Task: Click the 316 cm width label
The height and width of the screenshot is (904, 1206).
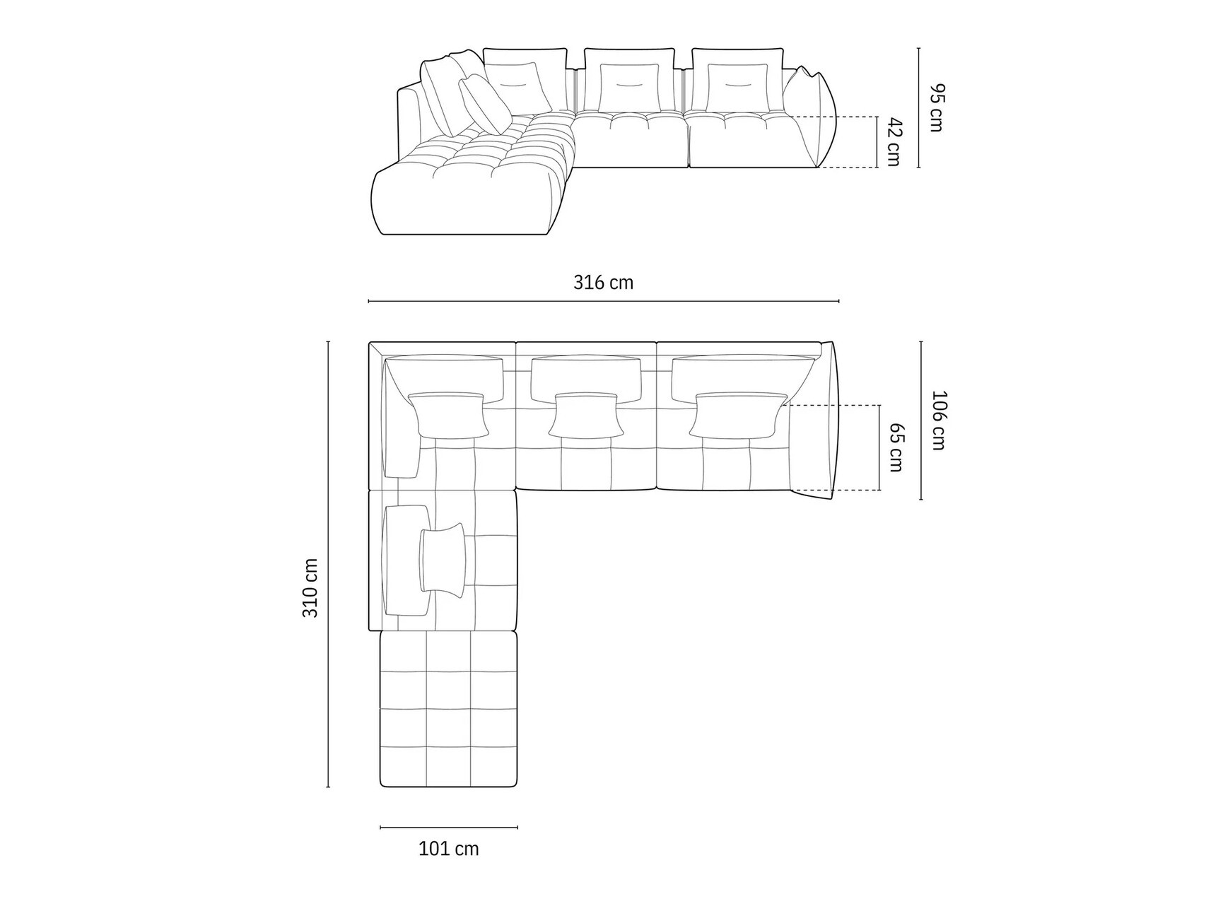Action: point(603,283)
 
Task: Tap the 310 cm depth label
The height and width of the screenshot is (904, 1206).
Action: point(310,587)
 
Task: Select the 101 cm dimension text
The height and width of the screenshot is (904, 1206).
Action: point(449,848)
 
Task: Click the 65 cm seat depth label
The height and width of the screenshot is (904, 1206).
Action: point(896,447)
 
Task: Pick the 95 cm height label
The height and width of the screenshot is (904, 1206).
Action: point(936,107)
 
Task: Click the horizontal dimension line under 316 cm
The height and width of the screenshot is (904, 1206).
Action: point(603,302)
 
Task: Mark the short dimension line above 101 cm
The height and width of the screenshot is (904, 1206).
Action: point(449,827)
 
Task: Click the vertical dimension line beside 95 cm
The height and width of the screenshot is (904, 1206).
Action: point(919,107)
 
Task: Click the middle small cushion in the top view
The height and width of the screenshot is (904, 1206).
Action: point(587,415)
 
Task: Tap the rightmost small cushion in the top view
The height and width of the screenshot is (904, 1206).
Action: point(738,415)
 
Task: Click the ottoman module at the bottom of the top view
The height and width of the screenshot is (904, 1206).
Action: point(448,708)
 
